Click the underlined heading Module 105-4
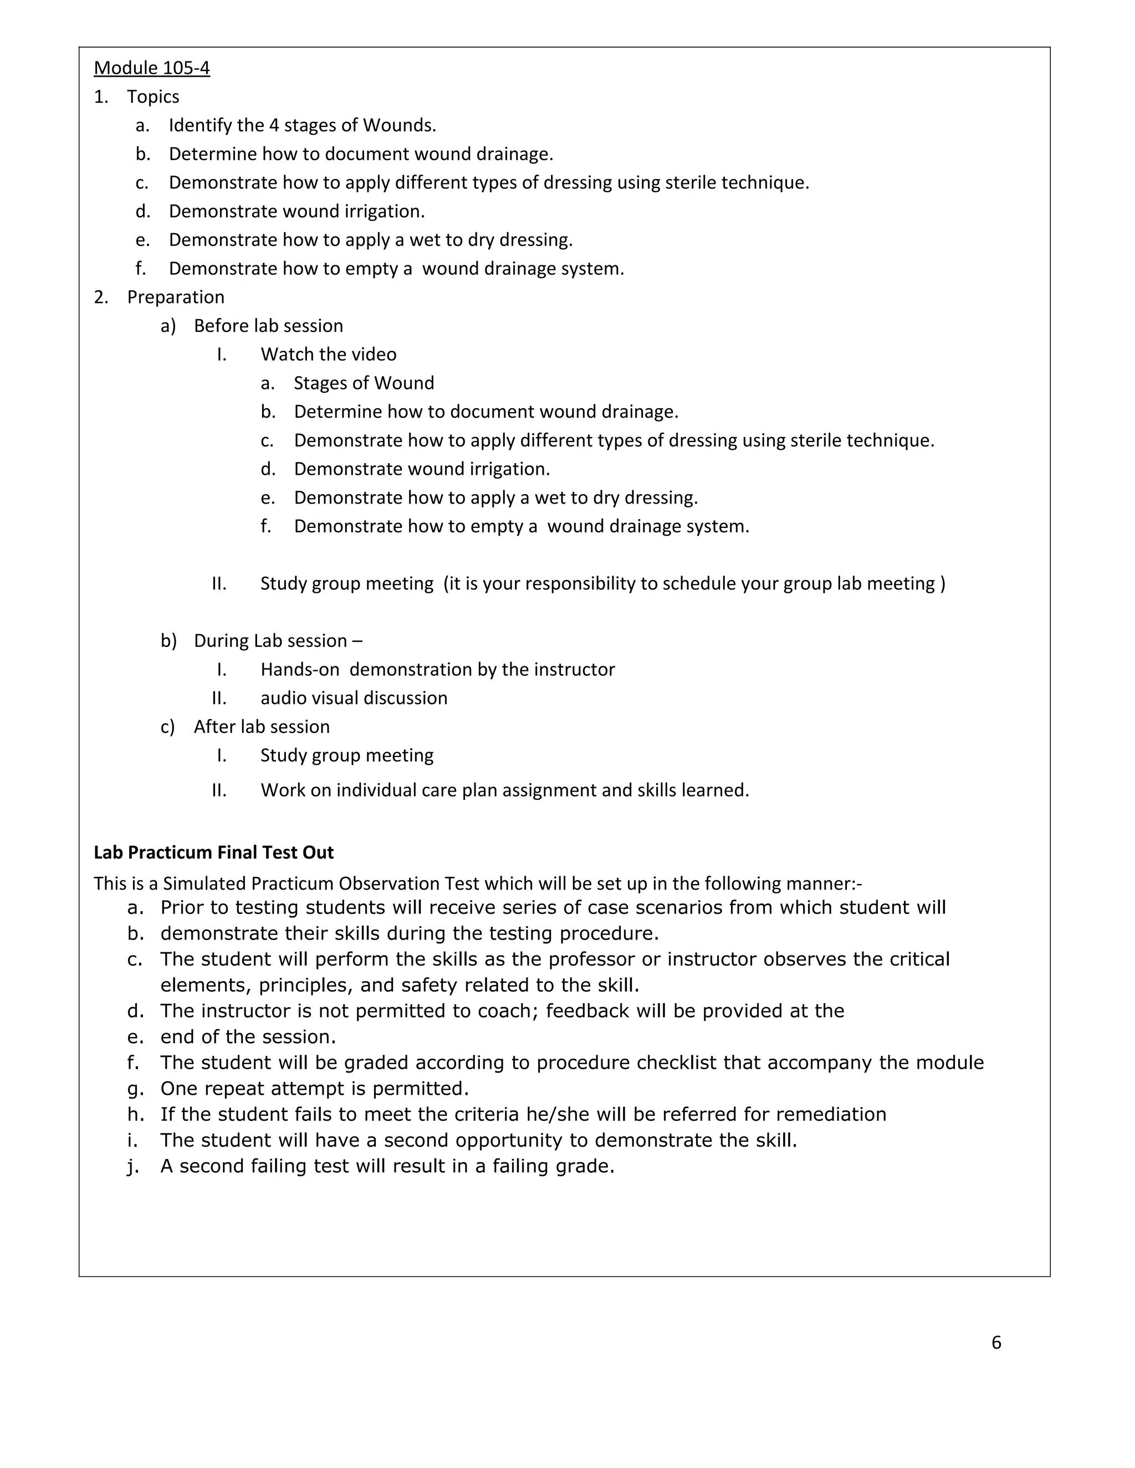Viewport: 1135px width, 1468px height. [151, 68]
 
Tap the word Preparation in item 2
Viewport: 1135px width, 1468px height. [176, 297]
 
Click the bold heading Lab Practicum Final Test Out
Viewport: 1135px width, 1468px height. [213, 853]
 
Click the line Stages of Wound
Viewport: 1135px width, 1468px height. [363, 383]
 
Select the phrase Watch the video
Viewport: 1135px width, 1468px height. [328, 354]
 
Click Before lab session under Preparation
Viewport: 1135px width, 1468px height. [268, 326]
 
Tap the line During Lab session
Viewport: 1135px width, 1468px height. [277, 640]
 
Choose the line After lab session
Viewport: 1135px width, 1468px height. [261, 727]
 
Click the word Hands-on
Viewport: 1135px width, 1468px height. [299, 670]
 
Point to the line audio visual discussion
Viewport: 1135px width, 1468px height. [354, 697]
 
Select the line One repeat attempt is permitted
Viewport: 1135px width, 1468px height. [314, 1088]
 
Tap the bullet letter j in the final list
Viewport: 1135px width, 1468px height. [132, 1166]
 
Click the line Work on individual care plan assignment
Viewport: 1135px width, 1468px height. [504, 790]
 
